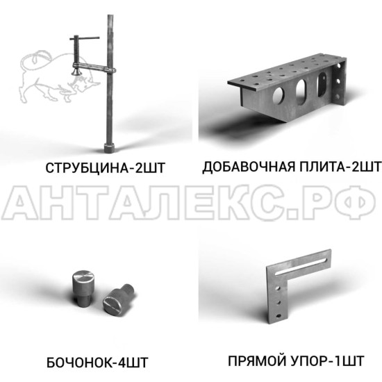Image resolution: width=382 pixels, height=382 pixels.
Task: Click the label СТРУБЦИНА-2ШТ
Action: pyautogui.click(x=106, y=168)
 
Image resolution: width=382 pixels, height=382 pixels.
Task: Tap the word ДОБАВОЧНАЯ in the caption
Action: pyautogui.click(x=248, y=167)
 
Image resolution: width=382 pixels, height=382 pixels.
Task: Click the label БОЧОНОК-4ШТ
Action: pyautogui.click(x=97, y=363)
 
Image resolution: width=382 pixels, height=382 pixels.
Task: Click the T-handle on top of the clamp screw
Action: pyautogui.click(x=84, y=38)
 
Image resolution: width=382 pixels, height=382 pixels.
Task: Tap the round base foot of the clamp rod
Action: pyautogui.click(x=109, y=148)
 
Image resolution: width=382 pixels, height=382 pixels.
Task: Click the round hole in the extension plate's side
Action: pyautogui.click(x=279, y=94)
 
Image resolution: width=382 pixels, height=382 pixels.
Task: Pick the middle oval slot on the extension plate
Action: pyautogui.click(x=301, y=92)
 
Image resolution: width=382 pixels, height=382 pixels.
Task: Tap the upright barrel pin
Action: pyautogui.click(x=83, y=288)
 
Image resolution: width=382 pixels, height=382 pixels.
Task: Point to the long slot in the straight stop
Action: pyautogui.click(x=301, y=267)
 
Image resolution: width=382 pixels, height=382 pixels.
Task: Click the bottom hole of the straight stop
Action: pyautogui.click(x=279, y=316)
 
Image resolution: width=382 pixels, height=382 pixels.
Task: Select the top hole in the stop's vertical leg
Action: pyautogui.click(x=278, y=288)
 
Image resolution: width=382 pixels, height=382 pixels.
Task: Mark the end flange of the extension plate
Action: pyautogui.click(x=339, y=81)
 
